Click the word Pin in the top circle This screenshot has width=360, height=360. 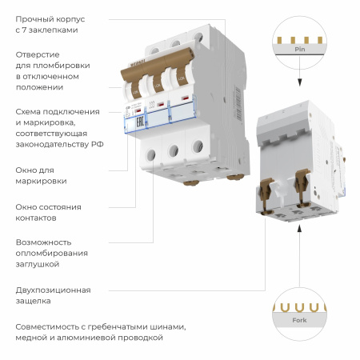299,49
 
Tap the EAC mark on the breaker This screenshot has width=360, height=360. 134,120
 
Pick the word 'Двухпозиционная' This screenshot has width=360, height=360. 53,290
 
